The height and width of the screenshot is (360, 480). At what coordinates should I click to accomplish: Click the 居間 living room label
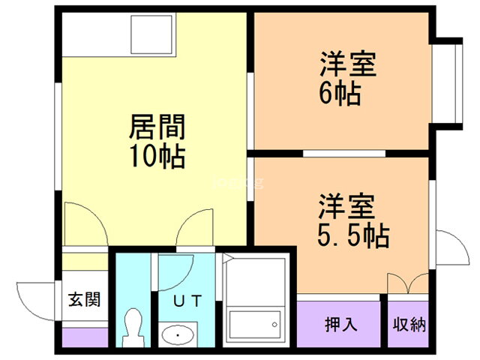click(x=157, y=127)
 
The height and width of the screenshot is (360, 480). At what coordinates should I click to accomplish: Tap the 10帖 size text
click(x=157, y=157)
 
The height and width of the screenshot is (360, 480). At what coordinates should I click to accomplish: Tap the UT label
click(x=188, y=301)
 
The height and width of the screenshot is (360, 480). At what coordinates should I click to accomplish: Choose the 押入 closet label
click(x=340, y=325)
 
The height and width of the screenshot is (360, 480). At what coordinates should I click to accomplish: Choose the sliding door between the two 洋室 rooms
click(x=343, y=154)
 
